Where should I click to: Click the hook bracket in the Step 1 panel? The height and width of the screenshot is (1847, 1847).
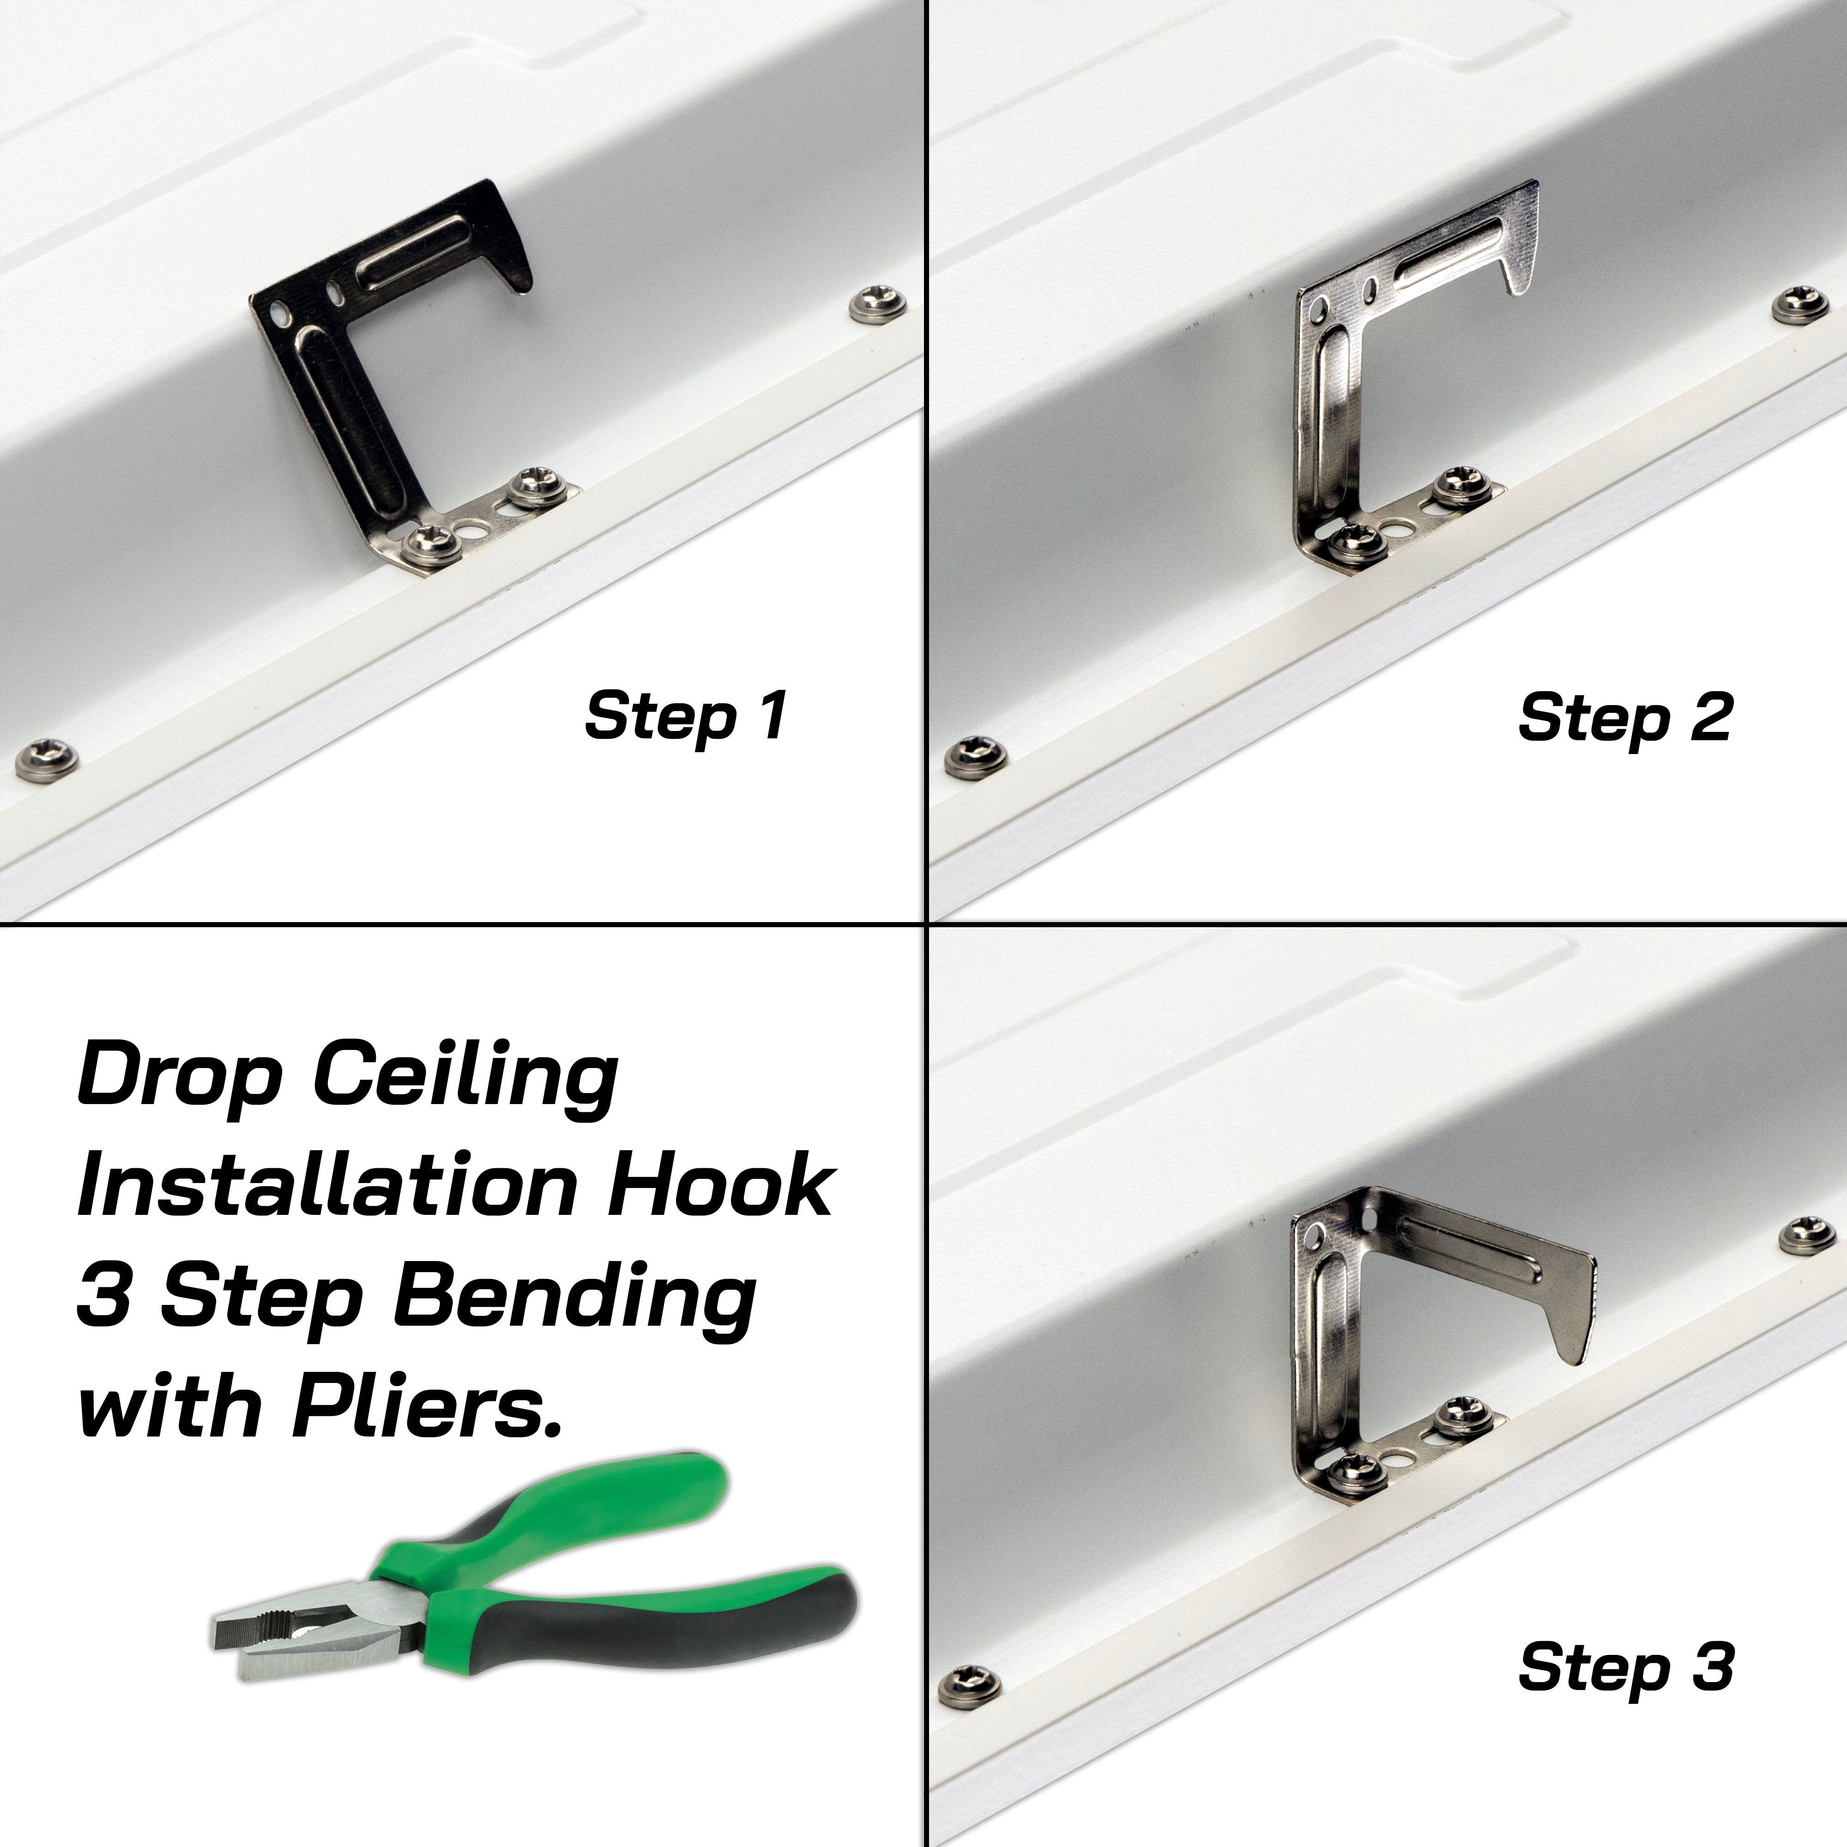[x=402, y=378]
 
